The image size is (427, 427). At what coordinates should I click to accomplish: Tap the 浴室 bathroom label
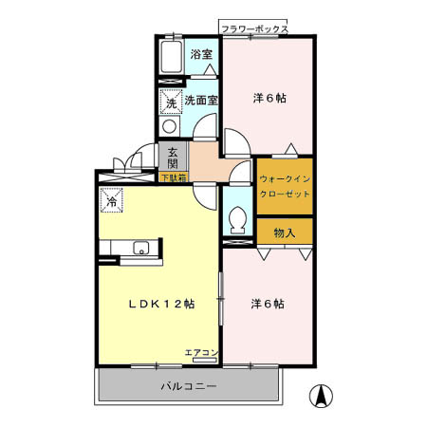200,55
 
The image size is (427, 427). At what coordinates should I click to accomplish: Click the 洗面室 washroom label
201,99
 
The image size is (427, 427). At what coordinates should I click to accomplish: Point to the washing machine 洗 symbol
171,100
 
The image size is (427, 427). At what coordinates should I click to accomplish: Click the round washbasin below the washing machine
169,126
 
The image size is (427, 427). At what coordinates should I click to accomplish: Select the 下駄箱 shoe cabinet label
173,177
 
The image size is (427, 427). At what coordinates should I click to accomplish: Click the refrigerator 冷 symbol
111,201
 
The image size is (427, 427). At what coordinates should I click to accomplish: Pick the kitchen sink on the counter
140,250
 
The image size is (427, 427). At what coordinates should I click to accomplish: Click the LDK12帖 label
162,304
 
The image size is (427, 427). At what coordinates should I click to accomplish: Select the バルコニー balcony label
188,387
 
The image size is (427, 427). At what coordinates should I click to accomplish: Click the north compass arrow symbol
323,397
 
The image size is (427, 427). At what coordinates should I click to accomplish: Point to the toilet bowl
237,222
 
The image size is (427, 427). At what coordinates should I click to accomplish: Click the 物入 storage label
285,232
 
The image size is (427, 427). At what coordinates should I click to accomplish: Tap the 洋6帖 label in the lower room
267,304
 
